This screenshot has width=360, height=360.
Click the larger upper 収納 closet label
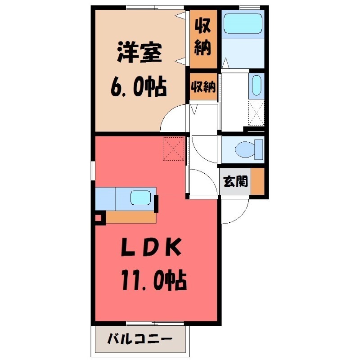pyautogui.click(x=203, y=38)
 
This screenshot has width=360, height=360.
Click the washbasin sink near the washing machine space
pyautogui.click(x=256, y=85)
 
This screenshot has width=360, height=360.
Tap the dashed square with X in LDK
pyautogui.click(x=174, y=148)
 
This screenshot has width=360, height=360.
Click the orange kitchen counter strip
pyautogui.click(x=131, y=217)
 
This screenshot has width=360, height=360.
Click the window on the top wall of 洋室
pyautogui.click(x=155, y=7)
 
